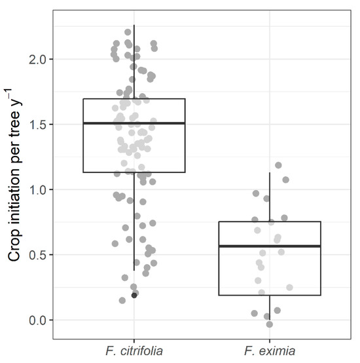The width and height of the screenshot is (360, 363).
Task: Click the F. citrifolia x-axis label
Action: (134, 352)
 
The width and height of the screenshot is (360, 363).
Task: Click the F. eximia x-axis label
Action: (270, 352)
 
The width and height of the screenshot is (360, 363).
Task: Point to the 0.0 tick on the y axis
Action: (39, 320)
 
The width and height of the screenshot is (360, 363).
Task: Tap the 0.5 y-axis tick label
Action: (39, 255)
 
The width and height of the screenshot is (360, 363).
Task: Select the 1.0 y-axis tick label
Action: (39, 190)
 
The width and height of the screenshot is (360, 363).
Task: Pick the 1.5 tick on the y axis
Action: (39, 124)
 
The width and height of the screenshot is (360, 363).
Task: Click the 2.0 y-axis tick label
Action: (39, 60)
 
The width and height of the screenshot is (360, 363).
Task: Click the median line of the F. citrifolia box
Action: (134, 123)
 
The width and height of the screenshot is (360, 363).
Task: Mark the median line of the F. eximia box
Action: (270, 246)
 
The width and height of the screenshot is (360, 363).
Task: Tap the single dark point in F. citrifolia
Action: (134, 295)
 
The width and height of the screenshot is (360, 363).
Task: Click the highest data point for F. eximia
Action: (278, 166)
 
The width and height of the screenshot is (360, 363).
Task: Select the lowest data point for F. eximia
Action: (270, 324)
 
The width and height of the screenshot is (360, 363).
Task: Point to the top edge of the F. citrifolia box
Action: (134, 99)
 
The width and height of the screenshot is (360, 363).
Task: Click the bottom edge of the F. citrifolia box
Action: (134, 172)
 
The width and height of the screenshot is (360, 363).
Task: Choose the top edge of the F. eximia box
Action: (270, 222)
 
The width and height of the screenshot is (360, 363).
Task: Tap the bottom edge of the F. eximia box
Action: (270, 296)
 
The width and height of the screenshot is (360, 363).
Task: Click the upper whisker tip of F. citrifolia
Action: (134, 26)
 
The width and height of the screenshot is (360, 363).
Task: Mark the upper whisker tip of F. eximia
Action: (270, 173)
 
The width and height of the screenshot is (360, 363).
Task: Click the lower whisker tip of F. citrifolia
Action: (134, 270)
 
